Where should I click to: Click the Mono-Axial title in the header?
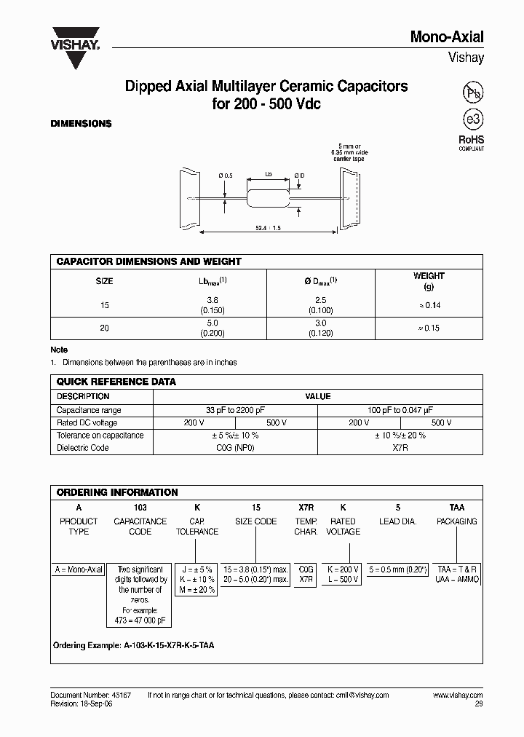[x=447, y=37]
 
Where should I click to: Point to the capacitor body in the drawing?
[x=267, y=197]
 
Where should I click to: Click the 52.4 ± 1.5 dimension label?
[x=268, y=228]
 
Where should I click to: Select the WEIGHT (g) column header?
[x=429, y=280]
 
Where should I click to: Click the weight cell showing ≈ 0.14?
[x=429, y=305]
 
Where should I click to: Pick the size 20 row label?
[x=104, y=328]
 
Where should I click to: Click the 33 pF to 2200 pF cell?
[x=235, y=410]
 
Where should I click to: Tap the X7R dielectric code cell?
[x=400, y=447]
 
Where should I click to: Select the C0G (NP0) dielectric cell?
[x=235, y=447]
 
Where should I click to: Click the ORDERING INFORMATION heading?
[x=117, y=492]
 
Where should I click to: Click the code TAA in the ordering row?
[x=456, y=507]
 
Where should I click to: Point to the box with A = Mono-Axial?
[x=79, y=569]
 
